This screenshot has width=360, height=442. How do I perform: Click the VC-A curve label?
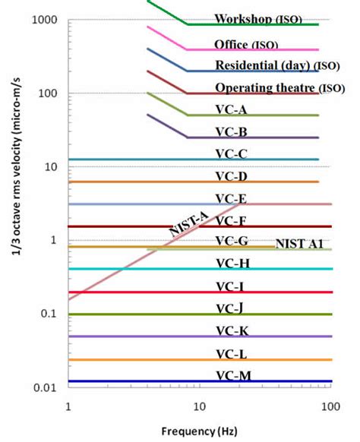click(231, 109)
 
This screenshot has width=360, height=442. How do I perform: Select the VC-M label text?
click(233, 376)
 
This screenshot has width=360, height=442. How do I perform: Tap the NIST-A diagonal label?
click(188, 224)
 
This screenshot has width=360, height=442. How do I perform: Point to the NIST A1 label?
click(299, 244)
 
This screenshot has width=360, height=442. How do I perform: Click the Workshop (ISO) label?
click(258, 19)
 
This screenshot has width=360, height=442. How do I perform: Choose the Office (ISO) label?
click(246, 45)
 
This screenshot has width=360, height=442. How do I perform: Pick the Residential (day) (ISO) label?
click(277, 65)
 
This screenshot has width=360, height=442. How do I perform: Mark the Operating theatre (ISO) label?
click(280, 87)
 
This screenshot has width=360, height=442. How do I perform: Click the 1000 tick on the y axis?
click(45, 20)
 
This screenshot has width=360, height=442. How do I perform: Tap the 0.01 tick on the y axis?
click(45, 388)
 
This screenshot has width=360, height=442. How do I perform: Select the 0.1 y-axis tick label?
click(49, 313)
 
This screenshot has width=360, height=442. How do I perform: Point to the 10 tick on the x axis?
click(199, 407)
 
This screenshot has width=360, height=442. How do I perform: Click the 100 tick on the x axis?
click(330, 407)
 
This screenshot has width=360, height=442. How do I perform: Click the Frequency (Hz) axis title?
click(199, 431)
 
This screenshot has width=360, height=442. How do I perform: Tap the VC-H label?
click(233, 264)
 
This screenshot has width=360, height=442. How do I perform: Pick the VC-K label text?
click(232, 331)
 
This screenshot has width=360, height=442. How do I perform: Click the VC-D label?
click(232, 176)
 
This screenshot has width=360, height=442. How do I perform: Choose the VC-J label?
click(229, 308)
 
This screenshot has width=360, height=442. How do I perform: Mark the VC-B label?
click(232, 132)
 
